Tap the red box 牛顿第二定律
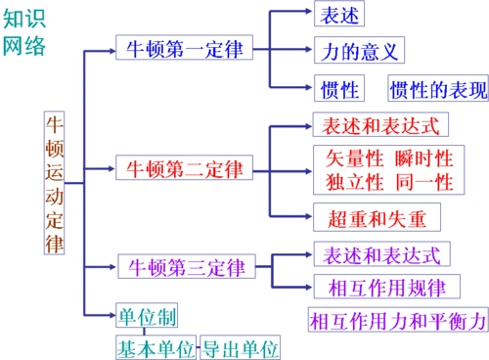[x=183, y=167]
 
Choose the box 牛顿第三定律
[x=183, y=266]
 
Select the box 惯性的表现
[x=437, y=90]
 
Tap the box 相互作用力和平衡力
[x=396, y=320]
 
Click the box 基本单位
[x=156, y=347]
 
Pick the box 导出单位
[x=240, y=347]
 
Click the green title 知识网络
[x=24, y=32]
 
